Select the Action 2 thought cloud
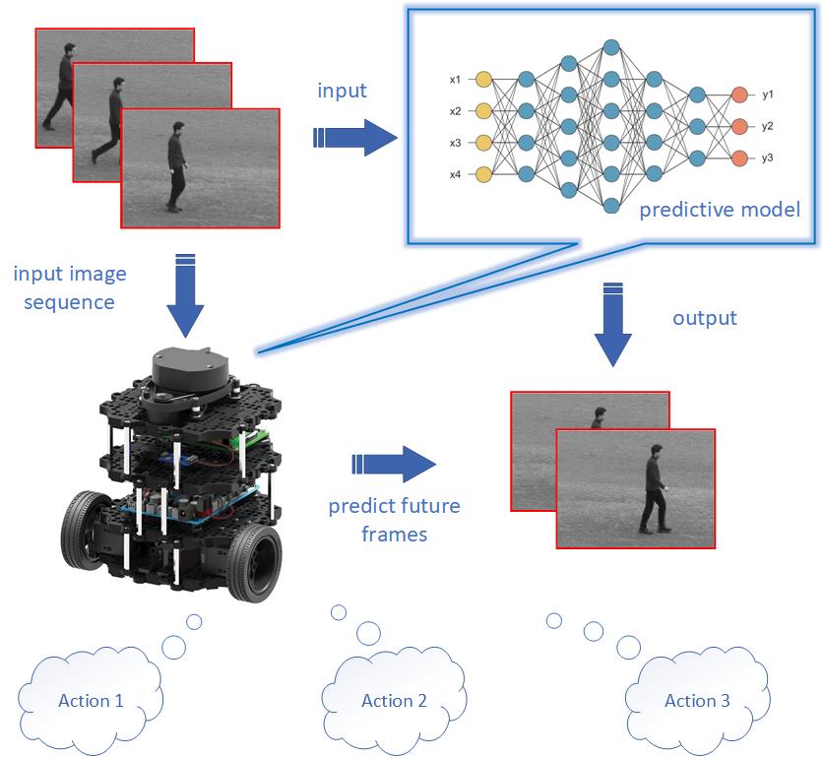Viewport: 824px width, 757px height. (x=394, y=700)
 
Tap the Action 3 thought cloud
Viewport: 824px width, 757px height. (x=697, y=700)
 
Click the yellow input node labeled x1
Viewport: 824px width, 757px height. (x=483, y=79)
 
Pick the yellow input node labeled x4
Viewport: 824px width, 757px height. (x=483, y=174)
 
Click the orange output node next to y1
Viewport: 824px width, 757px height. (x=739, y=95)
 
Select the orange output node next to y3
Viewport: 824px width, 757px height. (x=739, y=158)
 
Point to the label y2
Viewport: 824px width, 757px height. (x=768, y=126)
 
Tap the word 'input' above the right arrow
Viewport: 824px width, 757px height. (x=342, y=91)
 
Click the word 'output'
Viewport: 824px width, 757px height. (x=705, y=318)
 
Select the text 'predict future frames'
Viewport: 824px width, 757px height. (x=394, y=520)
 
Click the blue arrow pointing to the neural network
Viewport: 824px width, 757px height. (x=353, y=137)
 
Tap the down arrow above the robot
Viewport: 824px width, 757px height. (x=185, y=296)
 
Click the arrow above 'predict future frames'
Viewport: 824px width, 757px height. (x=394, y=463)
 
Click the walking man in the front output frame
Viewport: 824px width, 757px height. (x=652, y=489)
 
